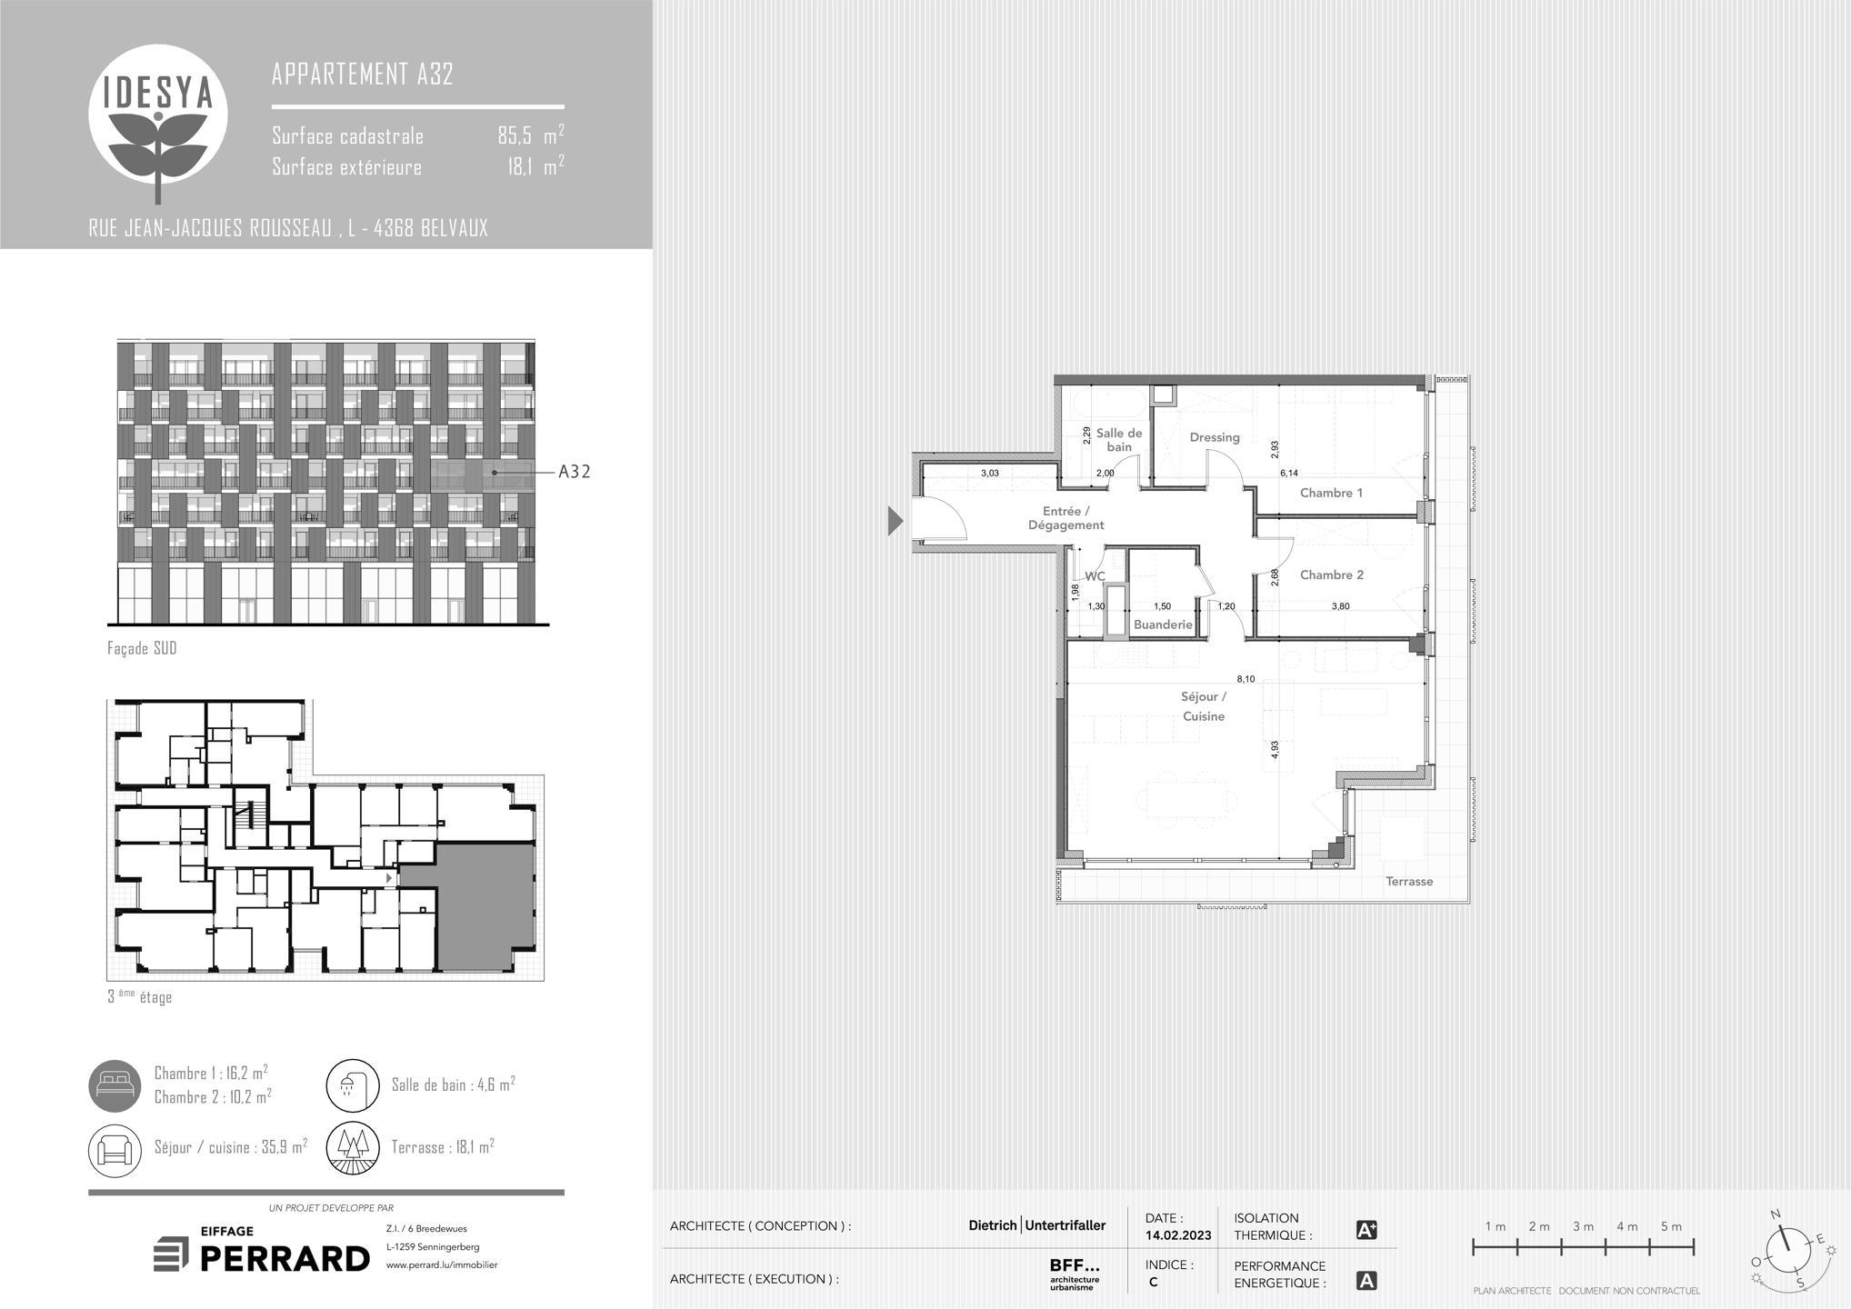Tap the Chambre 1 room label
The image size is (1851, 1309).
(x=1331, y=493)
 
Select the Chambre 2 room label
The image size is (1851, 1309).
(x=1331, y=575)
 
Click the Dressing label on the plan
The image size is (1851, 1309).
(x=1215, y=437)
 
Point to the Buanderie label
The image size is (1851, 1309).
(x=1163, y=625)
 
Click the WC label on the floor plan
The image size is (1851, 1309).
(x=1095, y=576)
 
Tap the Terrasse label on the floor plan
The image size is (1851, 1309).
(x=1409, y=881)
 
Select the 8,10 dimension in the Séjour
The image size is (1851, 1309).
(x=1246, y=679)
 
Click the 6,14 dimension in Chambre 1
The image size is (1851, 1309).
(x=1289, y=473)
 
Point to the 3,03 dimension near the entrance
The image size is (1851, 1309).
(x=990, y=473)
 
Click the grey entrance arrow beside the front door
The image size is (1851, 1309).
(x=895, y=521)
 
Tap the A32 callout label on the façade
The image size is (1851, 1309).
(x=574, y=471)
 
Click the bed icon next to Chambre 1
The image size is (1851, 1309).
(x=115, y=1085)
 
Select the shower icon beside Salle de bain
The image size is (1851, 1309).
(x=353, y=1085)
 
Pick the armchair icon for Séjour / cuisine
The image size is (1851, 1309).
(x=115, y=1149)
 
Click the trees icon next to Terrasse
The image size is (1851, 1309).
(x=353, y=1149)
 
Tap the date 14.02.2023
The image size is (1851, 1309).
(x=1178, y=1235)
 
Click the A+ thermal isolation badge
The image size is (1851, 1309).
(x=1366, y=1230)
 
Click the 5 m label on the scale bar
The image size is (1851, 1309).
(x=1671, y=1226)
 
